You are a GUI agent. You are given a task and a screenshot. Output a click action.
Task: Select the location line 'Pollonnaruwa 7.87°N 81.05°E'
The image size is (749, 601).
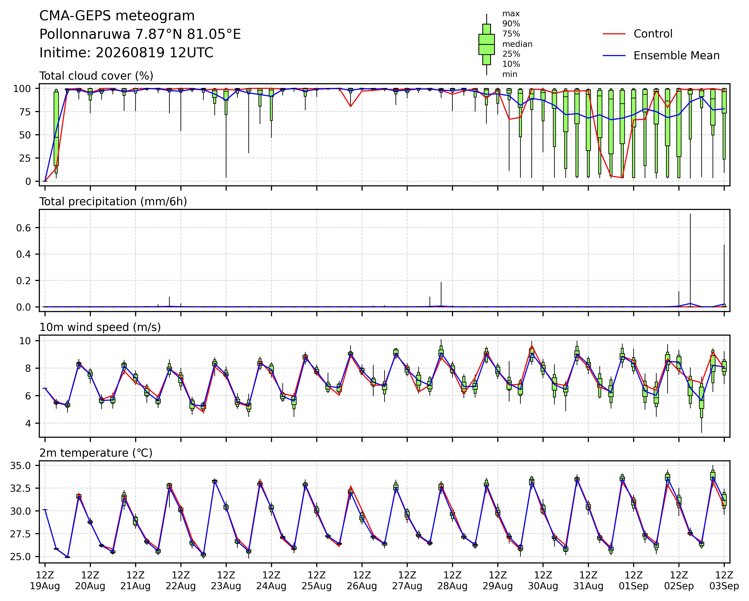click(140, 34)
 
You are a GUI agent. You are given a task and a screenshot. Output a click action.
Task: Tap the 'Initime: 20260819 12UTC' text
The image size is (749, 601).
click(126, 53)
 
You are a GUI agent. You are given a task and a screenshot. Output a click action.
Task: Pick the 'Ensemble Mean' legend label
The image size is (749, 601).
click(676, 56)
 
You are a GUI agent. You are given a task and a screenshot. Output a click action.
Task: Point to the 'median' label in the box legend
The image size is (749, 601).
click(517, 44)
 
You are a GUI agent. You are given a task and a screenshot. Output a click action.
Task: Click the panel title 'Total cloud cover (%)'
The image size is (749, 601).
click(96, 76)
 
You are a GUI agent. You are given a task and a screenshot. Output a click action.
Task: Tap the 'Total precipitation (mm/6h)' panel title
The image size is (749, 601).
click(113, 202)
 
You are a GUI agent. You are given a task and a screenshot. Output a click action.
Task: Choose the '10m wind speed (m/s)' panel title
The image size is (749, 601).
click(100, 327)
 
